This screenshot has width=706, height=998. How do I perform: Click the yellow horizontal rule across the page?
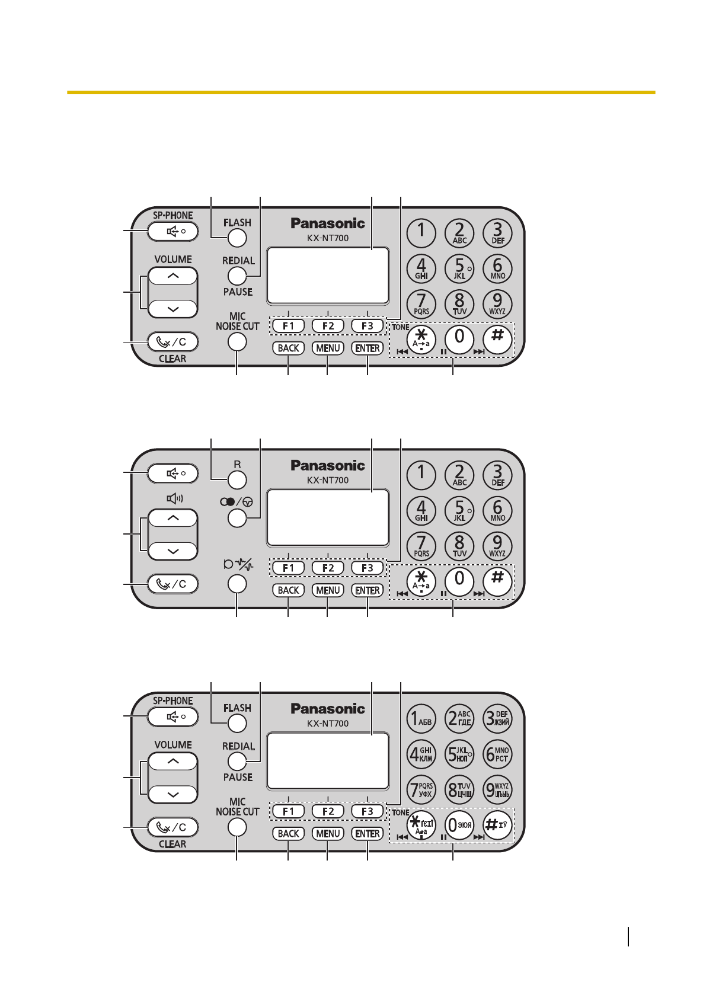coord(360,92)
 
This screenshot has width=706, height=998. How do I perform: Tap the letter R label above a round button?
coord(237,465)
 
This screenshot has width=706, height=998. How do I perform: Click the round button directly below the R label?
coord(237,481)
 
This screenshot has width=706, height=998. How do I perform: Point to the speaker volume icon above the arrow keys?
coord(174,498)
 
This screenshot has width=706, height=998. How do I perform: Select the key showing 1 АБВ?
coord(421,719)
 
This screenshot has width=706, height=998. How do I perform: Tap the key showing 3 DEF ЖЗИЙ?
coord(497,719)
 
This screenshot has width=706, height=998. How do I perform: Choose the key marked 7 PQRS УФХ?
coord(421,789)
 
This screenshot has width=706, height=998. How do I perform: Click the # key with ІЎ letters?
coord(497,825)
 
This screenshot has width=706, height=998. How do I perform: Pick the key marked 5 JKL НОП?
coord(459,754)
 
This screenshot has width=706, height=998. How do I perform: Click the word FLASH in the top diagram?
coord(237,223)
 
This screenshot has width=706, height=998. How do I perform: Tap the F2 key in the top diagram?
coord(328,326)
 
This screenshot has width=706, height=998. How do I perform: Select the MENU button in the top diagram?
coord(328,348)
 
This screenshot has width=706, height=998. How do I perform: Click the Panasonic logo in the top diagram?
coord(328,223)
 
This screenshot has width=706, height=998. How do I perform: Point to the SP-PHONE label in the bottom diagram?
coord(172,700)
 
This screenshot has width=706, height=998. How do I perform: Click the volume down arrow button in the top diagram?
coord(173,309)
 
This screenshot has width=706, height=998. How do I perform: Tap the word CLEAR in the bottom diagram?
coord(172,844)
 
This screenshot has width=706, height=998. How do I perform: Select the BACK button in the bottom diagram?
coord(289,834)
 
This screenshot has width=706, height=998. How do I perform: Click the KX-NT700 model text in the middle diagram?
coord(328,481)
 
